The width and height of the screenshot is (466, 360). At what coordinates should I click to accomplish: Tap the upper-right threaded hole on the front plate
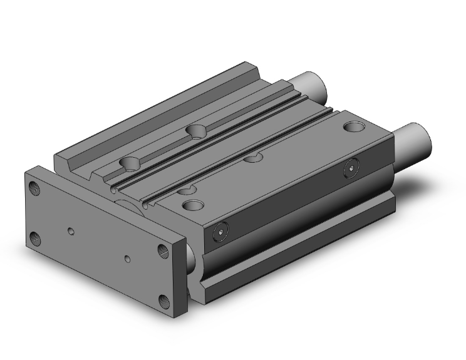point(163,250)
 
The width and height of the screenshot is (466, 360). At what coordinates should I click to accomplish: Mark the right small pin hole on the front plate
point(128,257)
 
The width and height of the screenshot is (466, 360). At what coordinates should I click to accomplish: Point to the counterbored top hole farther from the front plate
point(197,130)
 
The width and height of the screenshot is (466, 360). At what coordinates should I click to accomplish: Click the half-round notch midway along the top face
point(253,158)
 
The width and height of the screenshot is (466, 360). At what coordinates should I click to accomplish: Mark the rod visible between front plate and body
point(191,257)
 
